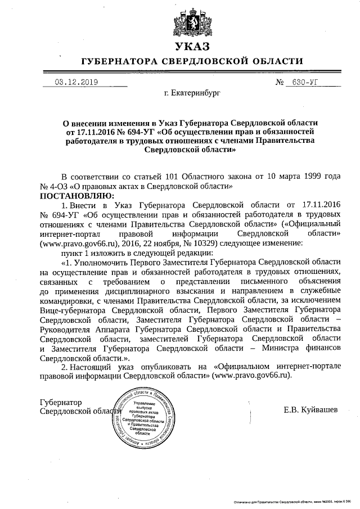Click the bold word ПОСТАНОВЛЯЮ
pos(76,195)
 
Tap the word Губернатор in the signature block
pos(61,403)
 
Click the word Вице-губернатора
pos(73,310)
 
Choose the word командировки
pos(68,300)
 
